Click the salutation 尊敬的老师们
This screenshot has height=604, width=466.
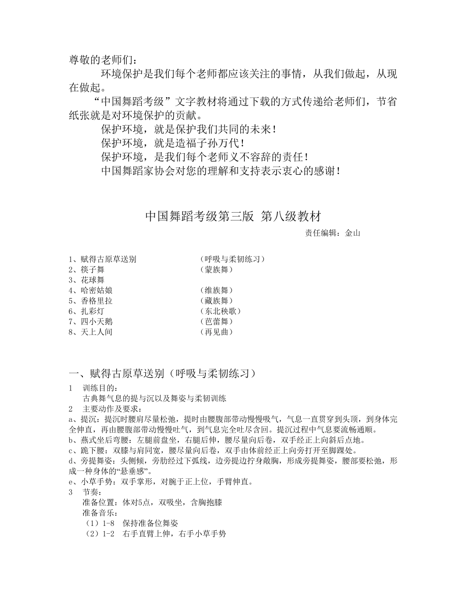tap(103, 60)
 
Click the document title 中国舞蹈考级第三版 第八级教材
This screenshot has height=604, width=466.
tap(233, 217)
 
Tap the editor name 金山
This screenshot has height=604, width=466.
tap(353, 233)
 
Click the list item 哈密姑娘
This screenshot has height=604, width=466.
tap(96, 290)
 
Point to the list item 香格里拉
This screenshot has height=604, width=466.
tap(96, 301)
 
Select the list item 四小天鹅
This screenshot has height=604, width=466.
tap(96, 322)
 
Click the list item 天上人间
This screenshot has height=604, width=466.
tap(96, 332)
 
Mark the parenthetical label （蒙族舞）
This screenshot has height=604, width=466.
tap(216, 270)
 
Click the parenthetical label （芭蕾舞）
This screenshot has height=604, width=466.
tap(216, 322)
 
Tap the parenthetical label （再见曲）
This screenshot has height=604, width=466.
tap(216, 332)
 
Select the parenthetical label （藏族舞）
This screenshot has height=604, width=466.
tap(216, 301)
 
